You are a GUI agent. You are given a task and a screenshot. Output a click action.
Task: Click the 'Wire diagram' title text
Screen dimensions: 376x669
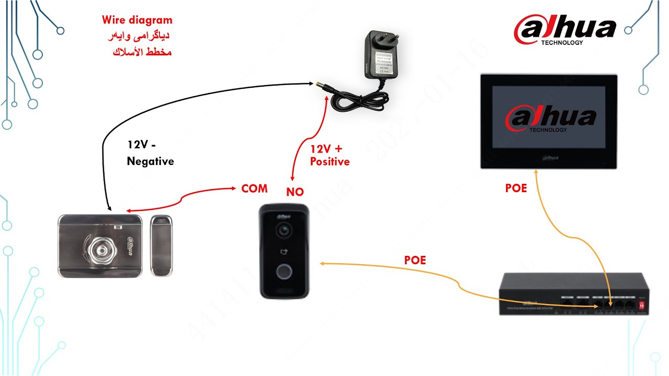tap(137, 20)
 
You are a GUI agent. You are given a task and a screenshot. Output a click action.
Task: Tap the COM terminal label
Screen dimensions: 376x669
tap(255, 189)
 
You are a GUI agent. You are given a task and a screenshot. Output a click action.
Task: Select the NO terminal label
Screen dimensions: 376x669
tap(295, 192)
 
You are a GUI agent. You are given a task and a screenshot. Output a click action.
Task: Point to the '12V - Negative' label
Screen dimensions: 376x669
tap(150, 153)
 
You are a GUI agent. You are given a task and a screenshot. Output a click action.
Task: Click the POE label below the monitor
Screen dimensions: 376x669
tap(516, 189)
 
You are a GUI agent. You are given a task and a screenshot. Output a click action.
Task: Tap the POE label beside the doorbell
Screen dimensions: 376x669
tap(415, 260)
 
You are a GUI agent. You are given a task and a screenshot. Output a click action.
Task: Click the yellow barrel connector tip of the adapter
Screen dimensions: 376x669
tap(317, 84)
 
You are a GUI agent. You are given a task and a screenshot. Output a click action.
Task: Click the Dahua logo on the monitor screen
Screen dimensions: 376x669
tap(550, 120)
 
